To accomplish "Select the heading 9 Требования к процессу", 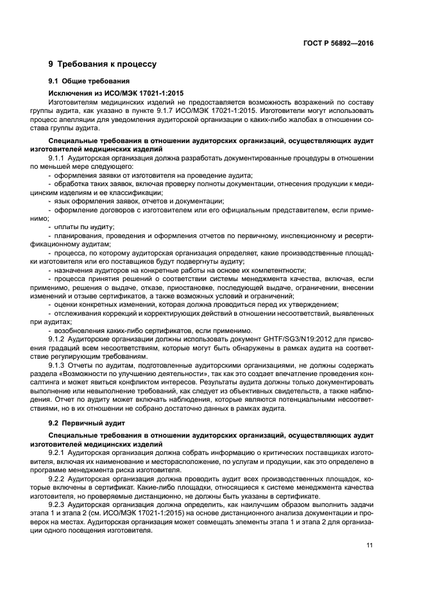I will coord(103,64).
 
